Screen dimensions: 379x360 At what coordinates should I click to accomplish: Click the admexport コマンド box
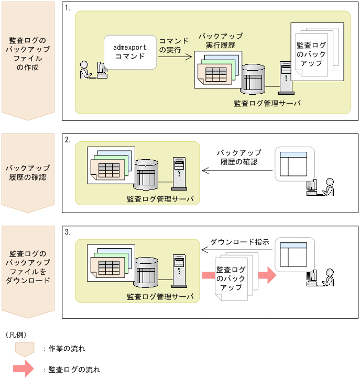click(130, 52)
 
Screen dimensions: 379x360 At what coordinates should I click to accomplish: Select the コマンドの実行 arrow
click(175, 58)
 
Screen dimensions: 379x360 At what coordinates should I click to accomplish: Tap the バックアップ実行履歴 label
click(220, 41)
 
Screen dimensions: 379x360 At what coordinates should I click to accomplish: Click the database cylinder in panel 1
click(253, 79)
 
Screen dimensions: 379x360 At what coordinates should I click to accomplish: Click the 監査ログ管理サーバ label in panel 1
click(267, 103)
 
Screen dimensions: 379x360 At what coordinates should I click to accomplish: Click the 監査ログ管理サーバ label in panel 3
click(160, 297)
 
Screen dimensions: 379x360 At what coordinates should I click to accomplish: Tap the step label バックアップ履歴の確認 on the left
click(28, 172)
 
